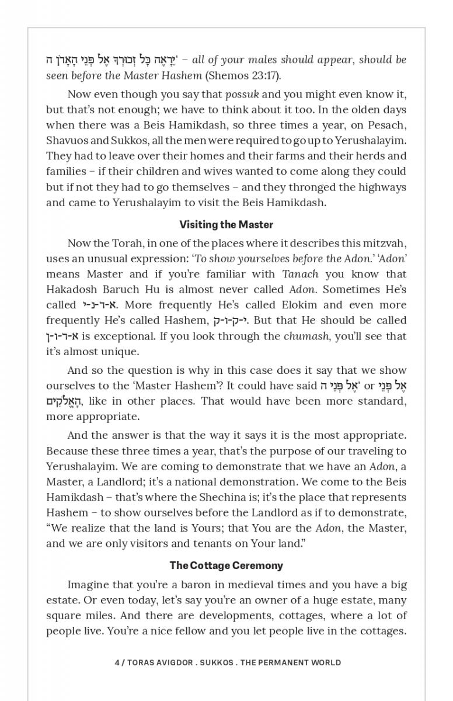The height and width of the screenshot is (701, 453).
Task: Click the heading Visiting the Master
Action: pyautogui.click(x=226, y=224)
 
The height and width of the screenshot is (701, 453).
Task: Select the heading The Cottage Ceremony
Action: pyautogui.click(x=226, y=565)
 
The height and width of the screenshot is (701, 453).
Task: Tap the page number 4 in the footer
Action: pyautogui.click(x=117, y=662)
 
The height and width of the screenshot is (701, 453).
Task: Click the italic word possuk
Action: pyautogui.click(x=242, y=95)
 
